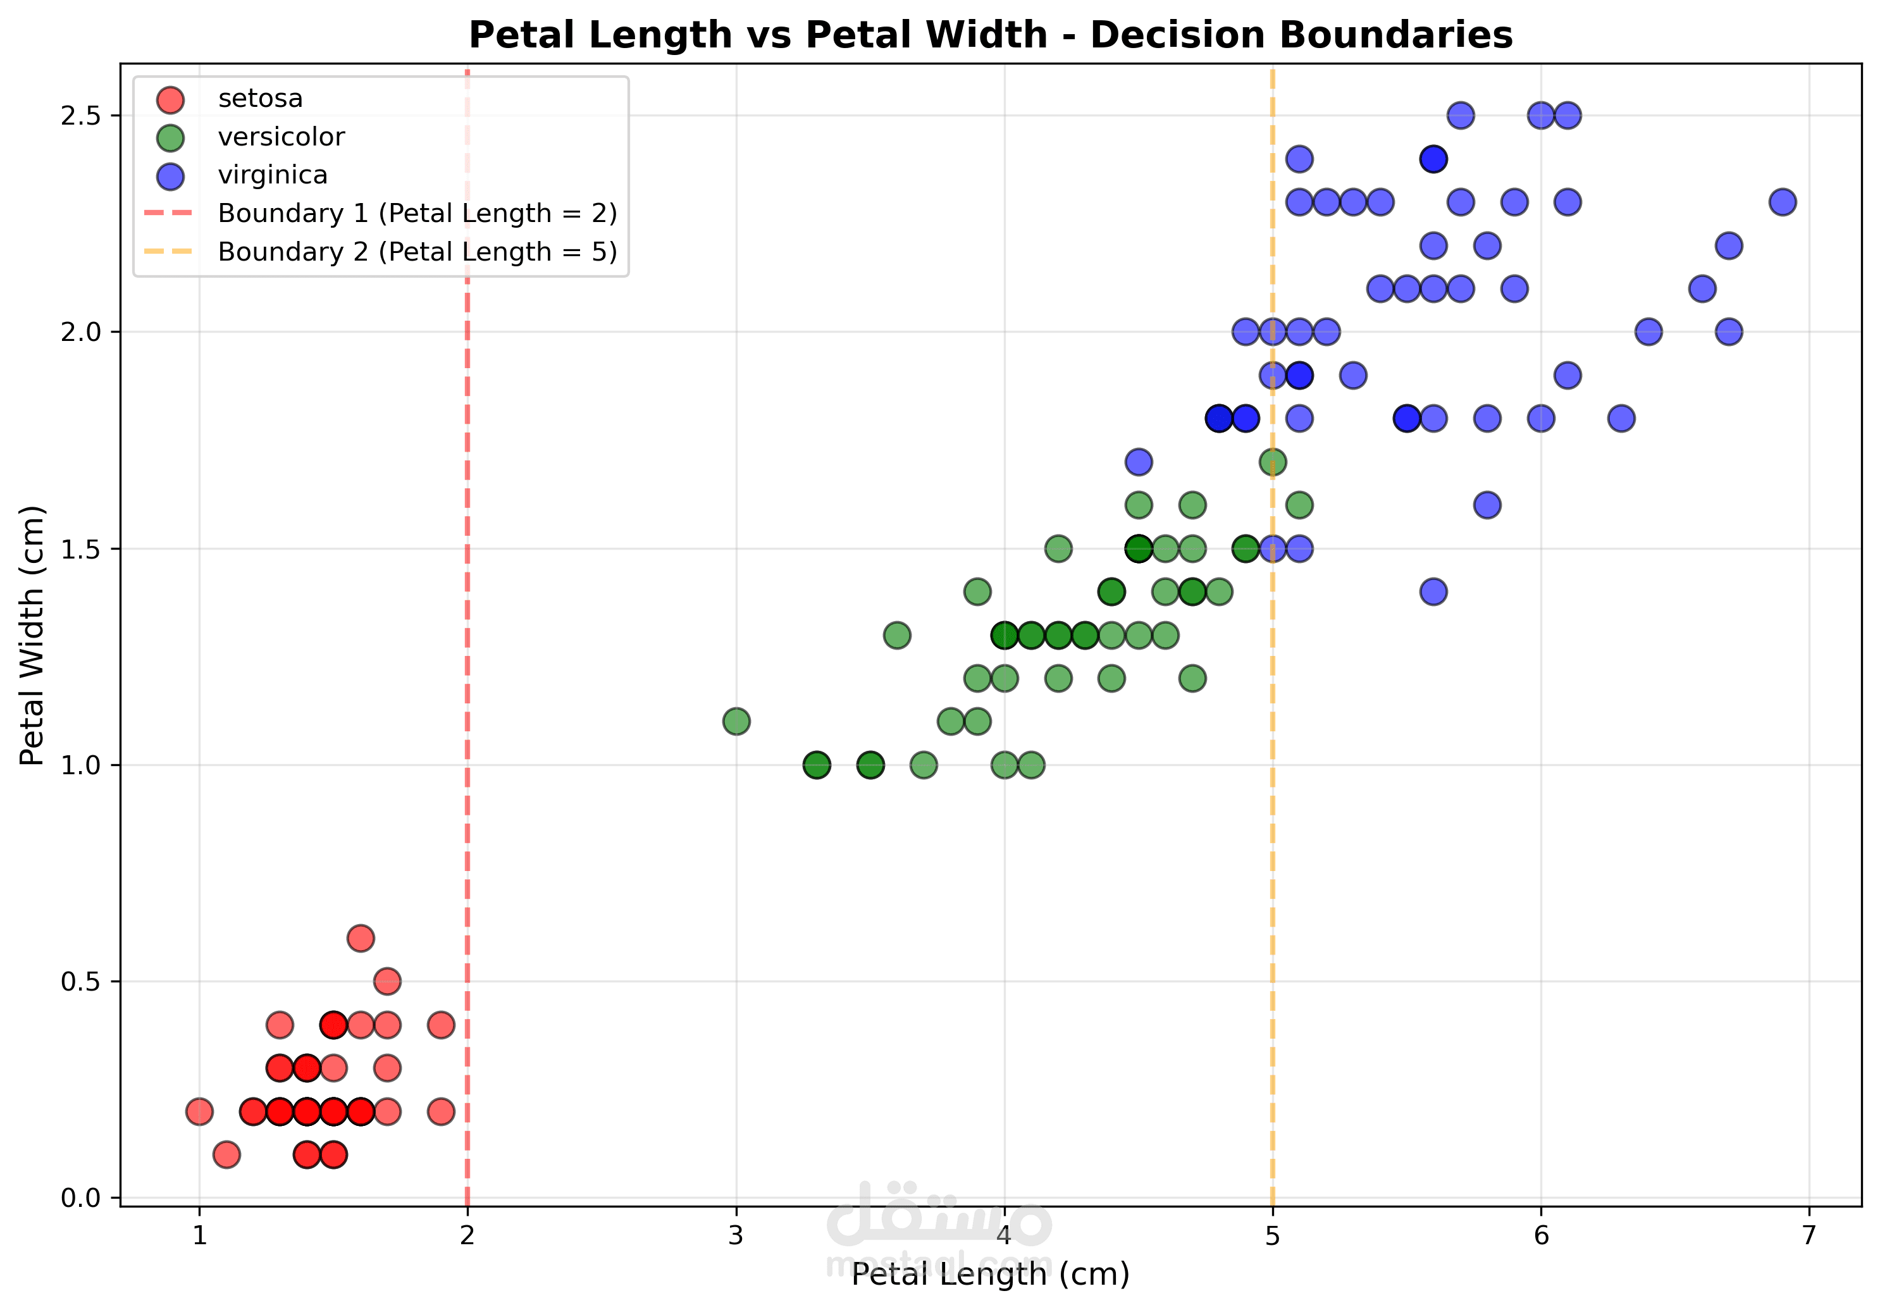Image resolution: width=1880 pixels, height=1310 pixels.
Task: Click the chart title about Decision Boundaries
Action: pos(990,35)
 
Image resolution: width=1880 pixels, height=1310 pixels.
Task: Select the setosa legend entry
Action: pos(228,98)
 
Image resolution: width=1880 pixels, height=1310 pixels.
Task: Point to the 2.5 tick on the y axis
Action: pos(80,116)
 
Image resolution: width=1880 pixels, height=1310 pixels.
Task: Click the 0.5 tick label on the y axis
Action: pos(80,981)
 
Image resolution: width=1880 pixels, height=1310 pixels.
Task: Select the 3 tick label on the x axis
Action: pos(735,1235)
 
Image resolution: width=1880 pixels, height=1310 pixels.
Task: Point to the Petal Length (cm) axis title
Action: pos(990,1274)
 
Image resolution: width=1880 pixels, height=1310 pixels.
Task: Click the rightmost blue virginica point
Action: pos(1783,201)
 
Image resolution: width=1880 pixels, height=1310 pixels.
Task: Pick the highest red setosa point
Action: pos(361,937)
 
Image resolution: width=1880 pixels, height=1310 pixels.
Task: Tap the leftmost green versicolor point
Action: pos(736,721)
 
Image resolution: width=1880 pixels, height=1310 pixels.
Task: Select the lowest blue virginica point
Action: pos(1433,591)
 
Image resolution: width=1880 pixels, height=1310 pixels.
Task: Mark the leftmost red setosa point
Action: pos(199,1111)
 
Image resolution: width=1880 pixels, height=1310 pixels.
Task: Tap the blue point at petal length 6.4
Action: pos(1648,331)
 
